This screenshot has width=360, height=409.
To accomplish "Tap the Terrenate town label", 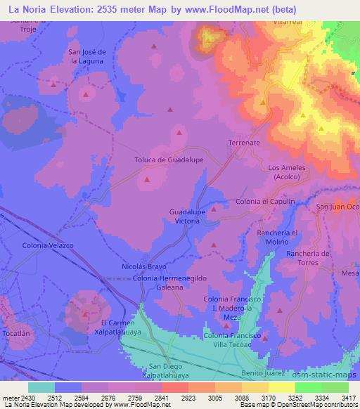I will click(x=244, y=142).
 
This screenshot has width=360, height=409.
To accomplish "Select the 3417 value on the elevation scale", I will click(x=349, y=396).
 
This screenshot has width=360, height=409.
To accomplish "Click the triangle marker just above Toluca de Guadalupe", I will click(x=179, y=132).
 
